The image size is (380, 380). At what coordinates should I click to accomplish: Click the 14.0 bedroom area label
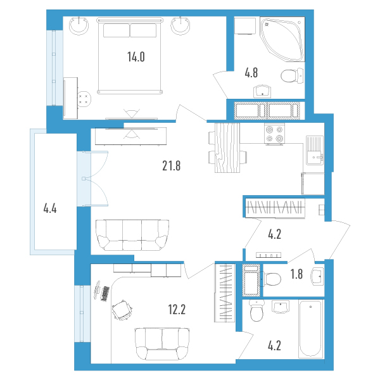(136, 57)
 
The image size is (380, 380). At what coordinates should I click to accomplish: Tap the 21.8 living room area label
(172, 166)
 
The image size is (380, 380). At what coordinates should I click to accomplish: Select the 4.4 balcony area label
(50, 208)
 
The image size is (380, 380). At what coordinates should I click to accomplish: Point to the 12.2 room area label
(177, 310)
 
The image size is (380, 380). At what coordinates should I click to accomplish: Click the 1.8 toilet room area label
(296, 274)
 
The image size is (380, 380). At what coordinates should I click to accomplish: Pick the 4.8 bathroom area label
(251, 73)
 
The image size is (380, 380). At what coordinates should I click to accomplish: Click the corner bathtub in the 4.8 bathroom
(282, 39)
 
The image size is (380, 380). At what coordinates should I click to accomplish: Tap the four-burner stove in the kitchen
(275, 134)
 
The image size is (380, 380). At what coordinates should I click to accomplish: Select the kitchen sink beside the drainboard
(315, 157)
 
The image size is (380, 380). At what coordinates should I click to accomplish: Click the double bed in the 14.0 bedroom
(129, 56)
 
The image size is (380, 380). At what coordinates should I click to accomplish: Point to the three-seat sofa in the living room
(132, 235)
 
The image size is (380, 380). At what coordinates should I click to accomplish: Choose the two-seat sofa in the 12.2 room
(162, 344)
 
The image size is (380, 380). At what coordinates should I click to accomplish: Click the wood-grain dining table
(227, 148)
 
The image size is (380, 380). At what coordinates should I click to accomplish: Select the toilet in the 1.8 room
(271, 279)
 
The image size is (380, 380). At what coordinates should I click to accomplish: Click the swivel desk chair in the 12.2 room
(122, 310)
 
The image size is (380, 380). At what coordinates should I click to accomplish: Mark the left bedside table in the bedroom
(79, 25)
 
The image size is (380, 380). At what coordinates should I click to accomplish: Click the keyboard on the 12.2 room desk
(105, 294)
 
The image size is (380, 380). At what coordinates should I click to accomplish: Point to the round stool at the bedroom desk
(84, 99)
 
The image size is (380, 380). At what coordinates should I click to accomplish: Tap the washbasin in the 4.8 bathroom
(262, 91)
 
